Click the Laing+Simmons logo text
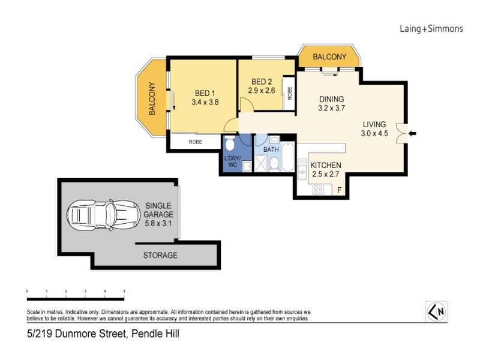[431, 28]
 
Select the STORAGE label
[160, 255]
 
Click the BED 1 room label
[205, 93]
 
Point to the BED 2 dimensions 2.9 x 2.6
[262, 91]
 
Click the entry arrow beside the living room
[412, 133]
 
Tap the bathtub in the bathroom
[288, 158]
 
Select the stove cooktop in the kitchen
[319, 190]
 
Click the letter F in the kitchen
[340, 191]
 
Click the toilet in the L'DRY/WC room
[229, 145]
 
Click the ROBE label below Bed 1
[195, 142]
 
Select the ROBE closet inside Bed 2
[289, 93]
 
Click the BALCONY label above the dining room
[329, 57]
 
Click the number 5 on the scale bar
[124, 290]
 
